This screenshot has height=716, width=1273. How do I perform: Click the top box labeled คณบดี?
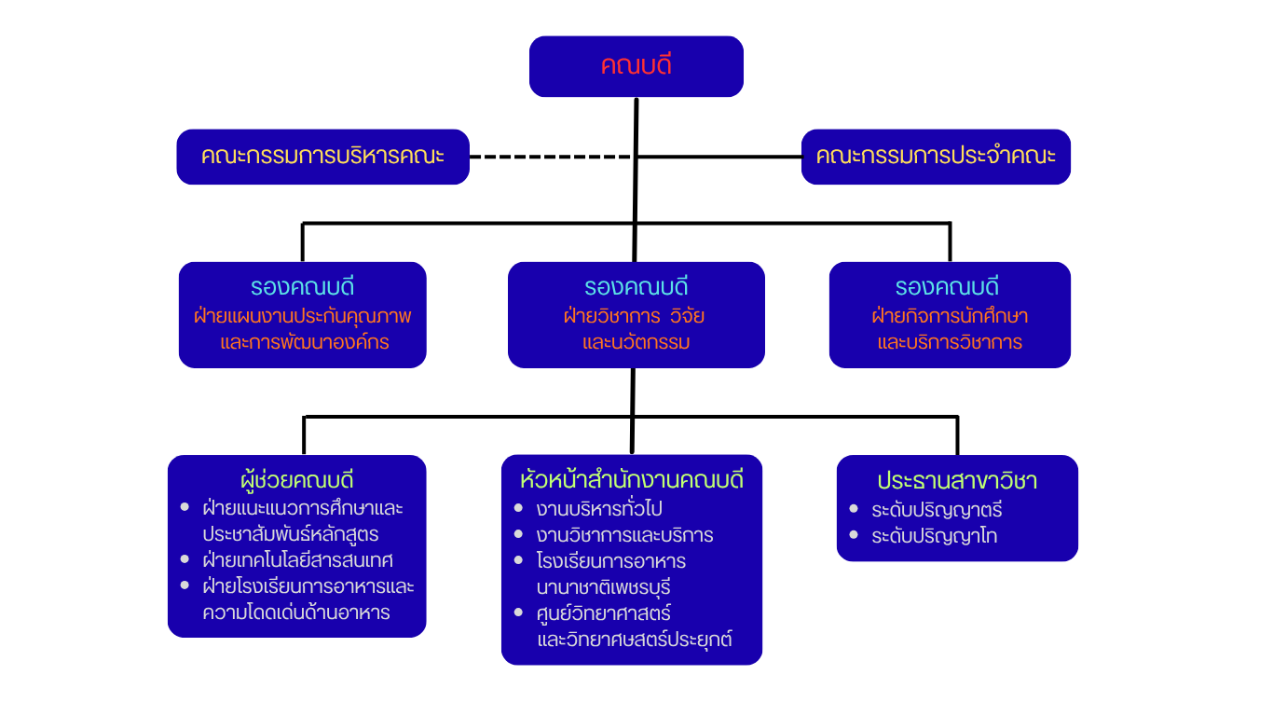[x=636, y=66]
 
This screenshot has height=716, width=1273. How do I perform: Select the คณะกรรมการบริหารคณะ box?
[x=322, y=157]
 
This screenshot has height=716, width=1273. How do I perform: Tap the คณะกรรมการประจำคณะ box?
[x=936, y=157]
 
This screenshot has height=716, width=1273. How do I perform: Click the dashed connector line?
[x=550, y=157]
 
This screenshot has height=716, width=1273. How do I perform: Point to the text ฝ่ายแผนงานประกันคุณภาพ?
[x=303, y=316]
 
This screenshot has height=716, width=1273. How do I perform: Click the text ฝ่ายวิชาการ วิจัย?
[x=634, y=316]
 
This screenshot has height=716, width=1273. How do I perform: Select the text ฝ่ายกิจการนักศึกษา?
[x=950, y=316]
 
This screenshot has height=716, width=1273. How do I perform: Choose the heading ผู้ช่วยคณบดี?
[x=297, y=481]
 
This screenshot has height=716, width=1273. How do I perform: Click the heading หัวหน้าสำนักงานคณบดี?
[x=632, y=481]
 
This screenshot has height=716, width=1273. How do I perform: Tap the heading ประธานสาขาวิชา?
[x=957, y=481]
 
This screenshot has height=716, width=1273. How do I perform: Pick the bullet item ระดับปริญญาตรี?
[x=937, y=511]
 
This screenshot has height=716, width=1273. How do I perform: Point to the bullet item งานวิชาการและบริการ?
[x=624, y=535]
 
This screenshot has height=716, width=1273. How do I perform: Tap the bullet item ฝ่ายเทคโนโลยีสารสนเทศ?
[x=297, y=560]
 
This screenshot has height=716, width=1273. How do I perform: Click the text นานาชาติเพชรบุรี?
[x=604, y=588]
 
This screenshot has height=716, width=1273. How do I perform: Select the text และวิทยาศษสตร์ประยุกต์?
[x=635, y=640]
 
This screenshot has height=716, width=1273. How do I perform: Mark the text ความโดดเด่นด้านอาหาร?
[x=296, y=613]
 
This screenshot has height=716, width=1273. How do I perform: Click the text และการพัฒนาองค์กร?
[x=305, y=342]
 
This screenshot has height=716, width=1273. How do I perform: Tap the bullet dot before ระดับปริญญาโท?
[x=855, y=535]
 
